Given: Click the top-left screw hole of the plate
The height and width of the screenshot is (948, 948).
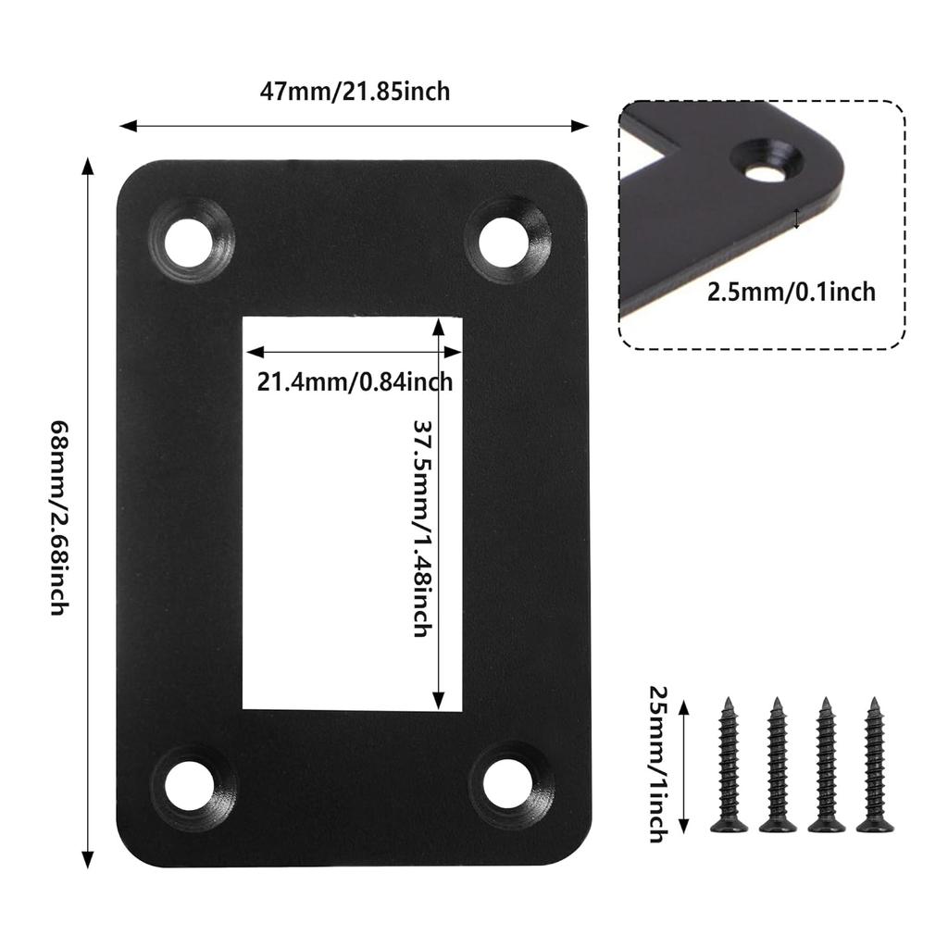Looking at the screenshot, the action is pyautogui.click(x=191, y=242).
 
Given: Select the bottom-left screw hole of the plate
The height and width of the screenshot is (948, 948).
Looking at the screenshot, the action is pyautogui.click(x=191, y=786).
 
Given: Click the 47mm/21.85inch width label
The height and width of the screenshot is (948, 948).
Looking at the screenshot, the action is pyautogui.click(x=355, y=92).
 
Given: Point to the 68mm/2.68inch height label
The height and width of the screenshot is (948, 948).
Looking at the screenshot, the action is pyautogui.click(x=60, y=518).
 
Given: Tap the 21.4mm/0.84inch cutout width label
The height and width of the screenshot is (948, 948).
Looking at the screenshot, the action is pyautogui.click(x=355, y=382).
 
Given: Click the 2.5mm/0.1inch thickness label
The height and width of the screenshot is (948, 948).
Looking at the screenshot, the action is pyautogui.click(x=792, y=292).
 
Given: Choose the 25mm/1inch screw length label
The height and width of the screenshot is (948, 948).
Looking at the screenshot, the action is pyautogui.click(x=658, y=764).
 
